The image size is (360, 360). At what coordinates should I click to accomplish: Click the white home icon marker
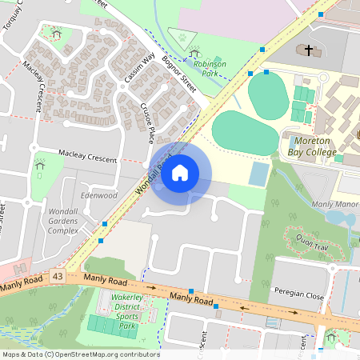180,172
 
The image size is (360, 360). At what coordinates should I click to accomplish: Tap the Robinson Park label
210,68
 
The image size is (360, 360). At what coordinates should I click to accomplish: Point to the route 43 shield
57,276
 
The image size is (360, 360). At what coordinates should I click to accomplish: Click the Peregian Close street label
297,294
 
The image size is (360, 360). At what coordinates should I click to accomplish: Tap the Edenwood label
99,195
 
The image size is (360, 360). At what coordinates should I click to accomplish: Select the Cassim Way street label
138,67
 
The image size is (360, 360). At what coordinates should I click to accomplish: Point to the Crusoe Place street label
146,123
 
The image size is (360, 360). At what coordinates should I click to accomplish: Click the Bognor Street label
178,73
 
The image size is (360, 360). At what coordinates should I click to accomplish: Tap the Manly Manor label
334,205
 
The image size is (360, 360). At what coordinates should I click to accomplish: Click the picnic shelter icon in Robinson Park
196,54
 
